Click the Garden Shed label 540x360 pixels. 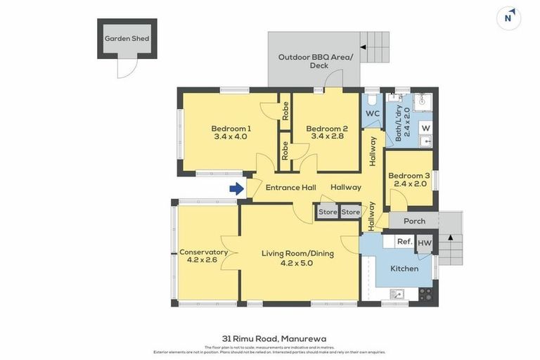tap(127, 39)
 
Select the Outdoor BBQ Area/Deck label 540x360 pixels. tap(314, 61)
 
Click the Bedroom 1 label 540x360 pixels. tap(231, 129)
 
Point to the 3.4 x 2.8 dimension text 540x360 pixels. tap(326, 139)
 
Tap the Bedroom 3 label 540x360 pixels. tap(409, 176)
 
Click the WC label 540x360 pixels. tap(373, 114)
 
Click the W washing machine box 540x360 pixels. tap(425, 128)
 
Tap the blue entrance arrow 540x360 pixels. tap(236, 188)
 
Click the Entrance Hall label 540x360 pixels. tap(290, 188)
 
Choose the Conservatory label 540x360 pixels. tap(203, 252)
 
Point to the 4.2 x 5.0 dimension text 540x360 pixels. tap(297, 263)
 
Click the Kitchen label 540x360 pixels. tap(404, 269)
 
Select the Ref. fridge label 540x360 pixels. tap(404, 242)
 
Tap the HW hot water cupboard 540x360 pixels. tap(425, 243)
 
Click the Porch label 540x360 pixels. tap(414, 221)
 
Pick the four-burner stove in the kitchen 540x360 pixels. tap(425, 293)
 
